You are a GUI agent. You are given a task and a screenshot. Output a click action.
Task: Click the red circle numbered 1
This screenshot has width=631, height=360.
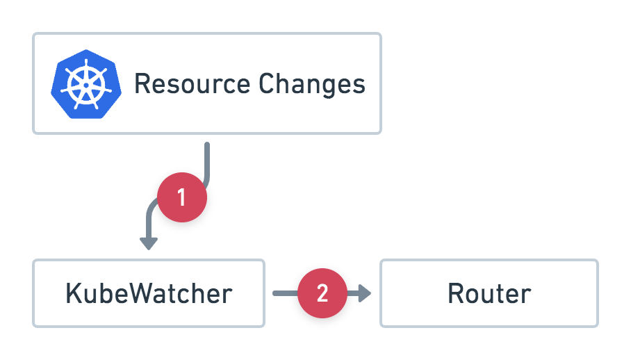(x=182, y=197)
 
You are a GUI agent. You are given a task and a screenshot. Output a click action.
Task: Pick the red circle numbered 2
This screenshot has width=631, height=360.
(x=322, y=294)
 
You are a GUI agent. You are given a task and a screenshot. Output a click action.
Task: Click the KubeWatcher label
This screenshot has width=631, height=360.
(x=148, y=293)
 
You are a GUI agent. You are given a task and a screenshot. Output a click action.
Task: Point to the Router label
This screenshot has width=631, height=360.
(x=489, y=293)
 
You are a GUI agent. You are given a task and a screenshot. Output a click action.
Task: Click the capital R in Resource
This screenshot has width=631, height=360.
(x=142, y=84)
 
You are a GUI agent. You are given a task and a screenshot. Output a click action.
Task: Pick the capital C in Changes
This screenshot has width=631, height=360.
(x=266, y=84)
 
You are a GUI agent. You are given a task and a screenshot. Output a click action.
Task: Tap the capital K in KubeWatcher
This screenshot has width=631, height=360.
(x=73, y=293)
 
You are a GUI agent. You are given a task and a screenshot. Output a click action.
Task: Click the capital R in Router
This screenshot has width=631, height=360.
(x=456, y=293)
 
